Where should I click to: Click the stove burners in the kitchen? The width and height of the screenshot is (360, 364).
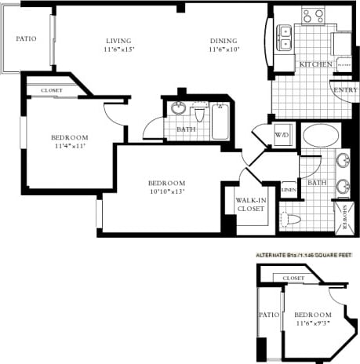(314, 15)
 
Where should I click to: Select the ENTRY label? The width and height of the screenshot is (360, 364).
(345, 89)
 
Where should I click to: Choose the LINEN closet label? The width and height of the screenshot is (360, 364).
(289, 190)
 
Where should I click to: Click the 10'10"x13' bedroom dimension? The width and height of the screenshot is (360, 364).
(168, 191)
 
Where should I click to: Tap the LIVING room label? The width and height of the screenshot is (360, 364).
(118, 41)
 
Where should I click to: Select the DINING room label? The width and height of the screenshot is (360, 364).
(223, 41)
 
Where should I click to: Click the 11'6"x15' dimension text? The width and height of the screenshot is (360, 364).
(118, 50)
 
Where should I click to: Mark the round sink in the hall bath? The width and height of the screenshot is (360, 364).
(180, 108)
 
